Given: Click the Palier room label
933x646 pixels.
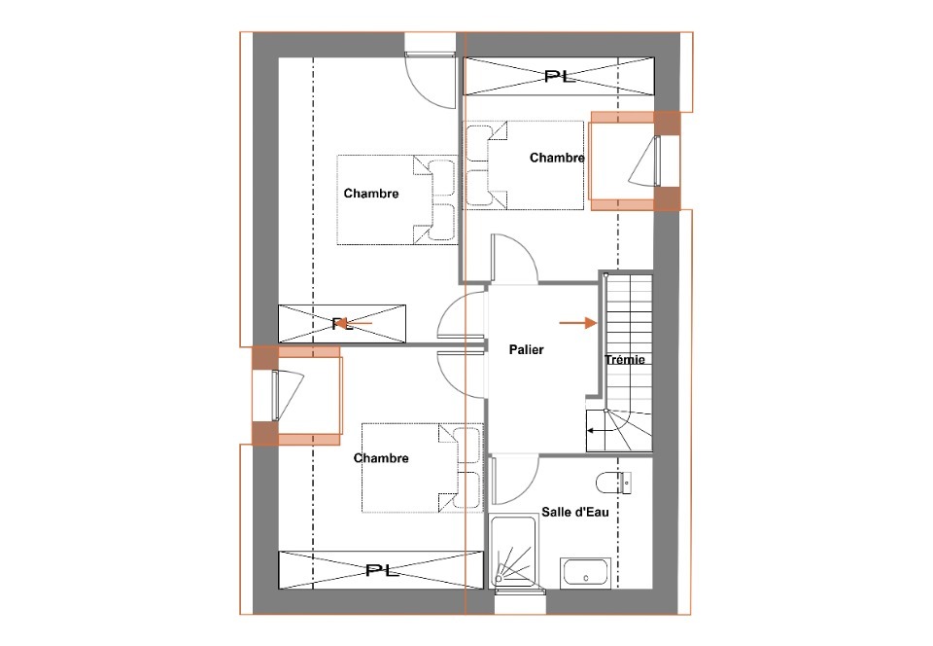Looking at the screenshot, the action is pos(526,350).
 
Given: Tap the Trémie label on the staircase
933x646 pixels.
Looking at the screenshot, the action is pos(625,360).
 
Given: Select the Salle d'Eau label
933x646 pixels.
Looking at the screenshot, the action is pos(574,512).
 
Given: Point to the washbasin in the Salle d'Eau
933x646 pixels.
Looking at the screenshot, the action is pos(585,573).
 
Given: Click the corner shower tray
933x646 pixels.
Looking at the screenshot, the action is pos(513,552).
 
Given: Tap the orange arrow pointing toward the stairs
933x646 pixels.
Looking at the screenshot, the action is pos(577,323).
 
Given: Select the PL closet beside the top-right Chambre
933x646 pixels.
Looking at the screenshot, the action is pos(559,76).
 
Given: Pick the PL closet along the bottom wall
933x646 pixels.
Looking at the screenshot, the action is pos(380,570).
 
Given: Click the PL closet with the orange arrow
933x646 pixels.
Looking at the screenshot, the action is pos(342,323).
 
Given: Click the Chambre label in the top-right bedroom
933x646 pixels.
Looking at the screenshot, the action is pos(557,158).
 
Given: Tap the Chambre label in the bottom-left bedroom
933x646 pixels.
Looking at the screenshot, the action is pos(381,458).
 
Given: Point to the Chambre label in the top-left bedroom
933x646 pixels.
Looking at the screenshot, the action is pos(371,194).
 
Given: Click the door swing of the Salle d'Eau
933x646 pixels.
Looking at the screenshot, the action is pos(515,480).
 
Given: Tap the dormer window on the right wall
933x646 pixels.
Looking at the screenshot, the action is pos(635,161).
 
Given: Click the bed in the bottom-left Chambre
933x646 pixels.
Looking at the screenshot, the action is pos(422,467).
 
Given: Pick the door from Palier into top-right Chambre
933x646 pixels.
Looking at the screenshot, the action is pos(515,258).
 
